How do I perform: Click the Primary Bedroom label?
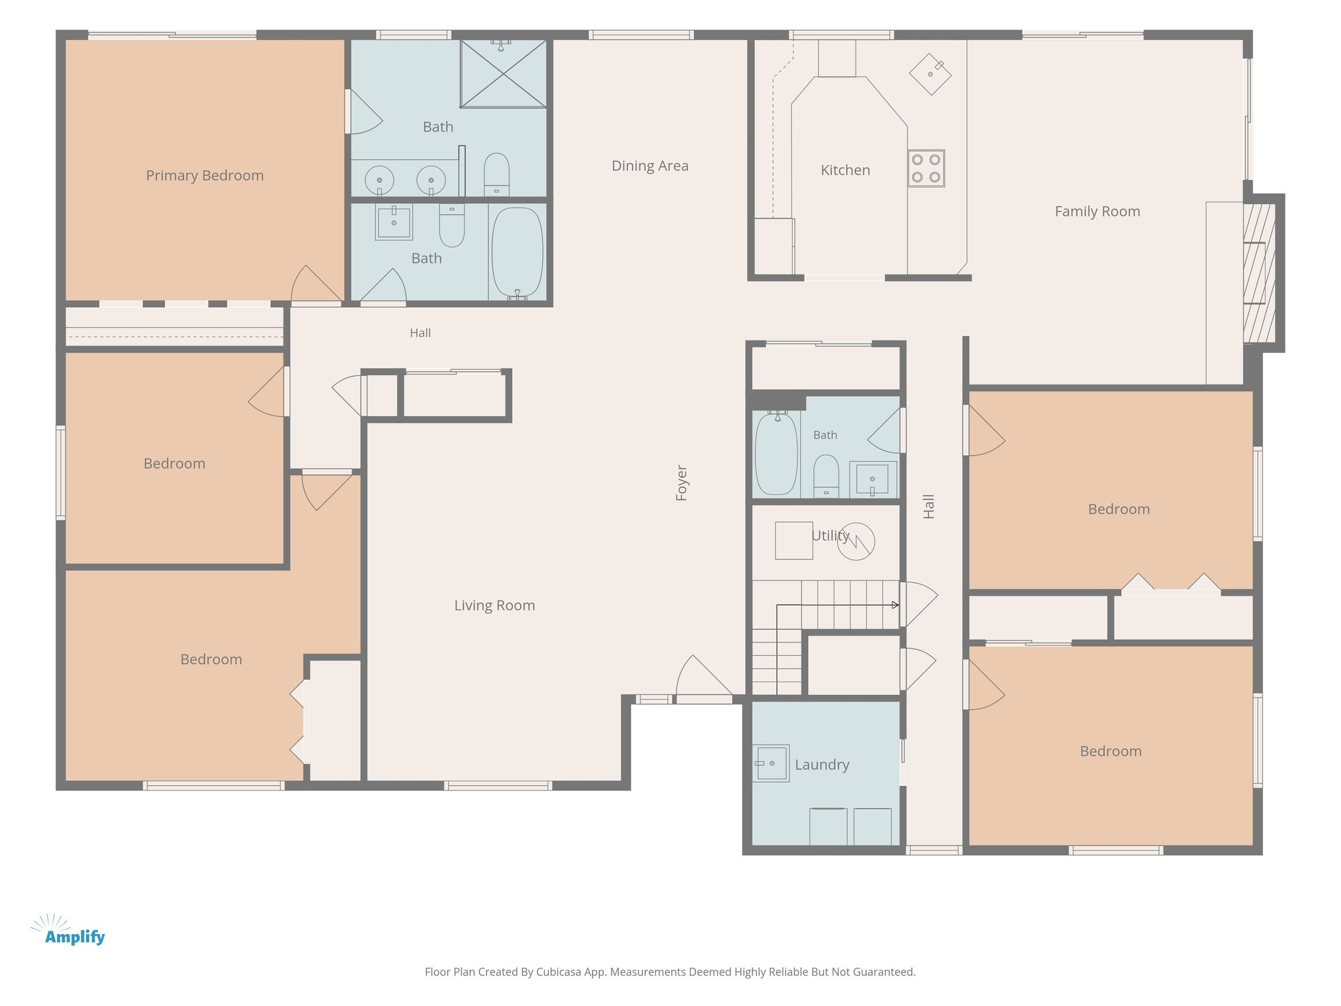click(x=204, y=176)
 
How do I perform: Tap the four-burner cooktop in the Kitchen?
click(x=926, y=168)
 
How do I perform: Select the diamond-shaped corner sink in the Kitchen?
click(x=930, y=74)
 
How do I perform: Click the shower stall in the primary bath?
click(x=504, y=73)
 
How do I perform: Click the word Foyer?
click(x=682, y=483)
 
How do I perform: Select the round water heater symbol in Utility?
click(x=856, y=541)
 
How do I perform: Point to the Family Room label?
click(x=1097, y=212)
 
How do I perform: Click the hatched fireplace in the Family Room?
click(x=1259, y=273)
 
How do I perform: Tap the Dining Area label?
click(x=650, y=166)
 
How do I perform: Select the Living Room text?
click(x=494, y=605)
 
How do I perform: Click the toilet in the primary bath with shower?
click(x=496, y=174)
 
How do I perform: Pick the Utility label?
click(x=830, y=536)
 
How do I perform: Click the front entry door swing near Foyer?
click(x=704, y=678)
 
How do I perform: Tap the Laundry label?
click(x=822, y=764)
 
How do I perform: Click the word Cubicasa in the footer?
click(x=559, y=972)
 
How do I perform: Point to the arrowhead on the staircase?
click(x=895, y=605)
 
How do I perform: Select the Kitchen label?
click(x=845, y=170)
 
